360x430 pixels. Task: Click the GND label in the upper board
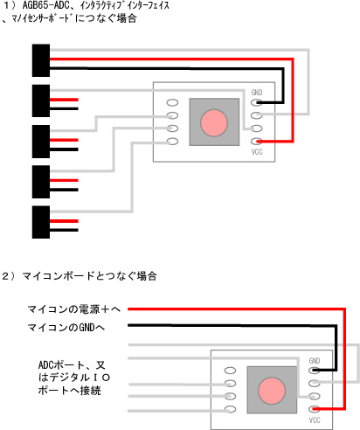click(257, 93)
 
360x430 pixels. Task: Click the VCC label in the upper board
click(257, 152)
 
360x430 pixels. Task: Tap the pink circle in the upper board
click(214, 122)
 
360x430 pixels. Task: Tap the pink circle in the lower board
click(272, 391)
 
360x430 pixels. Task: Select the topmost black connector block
click(41, 60)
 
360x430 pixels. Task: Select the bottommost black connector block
click(41, 222)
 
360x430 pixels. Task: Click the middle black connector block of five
click(41, 142)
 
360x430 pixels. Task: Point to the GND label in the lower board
click(315, 361)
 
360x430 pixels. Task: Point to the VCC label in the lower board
click(315, 420)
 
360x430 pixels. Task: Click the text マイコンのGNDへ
click(66, 328)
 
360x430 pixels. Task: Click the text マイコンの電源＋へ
click(74, 309)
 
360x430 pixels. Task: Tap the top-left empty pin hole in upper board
click(172, 102)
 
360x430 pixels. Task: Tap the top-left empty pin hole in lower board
click(230, 371)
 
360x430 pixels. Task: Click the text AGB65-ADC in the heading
click(45, 5)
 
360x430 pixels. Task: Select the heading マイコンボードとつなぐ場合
click(90, 276)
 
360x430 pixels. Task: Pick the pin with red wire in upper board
click(257, 142)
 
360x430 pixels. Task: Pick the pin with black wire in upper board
click(257, 102)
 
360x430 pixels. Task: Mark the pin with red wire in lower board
click(315, 409)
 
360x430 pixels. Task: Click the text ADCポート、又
click(72, 365)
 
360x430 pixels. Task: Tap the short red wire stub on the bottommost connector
click(64, 221)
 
